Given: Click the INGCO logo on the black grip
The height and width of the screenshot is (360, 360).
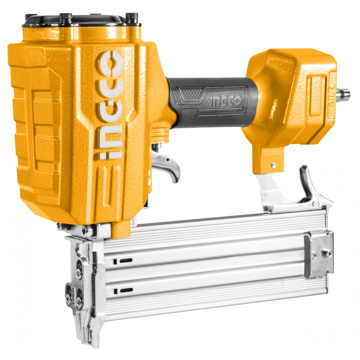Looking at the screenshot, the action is click(226, 101).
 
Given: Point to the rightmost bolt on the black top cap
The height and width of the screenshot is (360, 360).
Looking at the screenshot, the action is click(132, 18).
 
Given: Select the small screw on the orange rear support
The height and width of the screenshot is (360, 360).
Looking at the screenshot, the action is click(273, 165).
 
